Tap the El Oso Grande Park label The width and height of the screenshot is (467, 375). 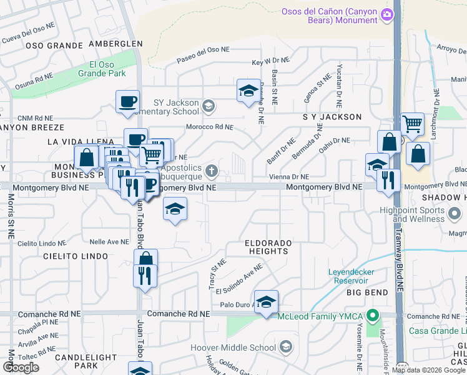(x=107, y=69)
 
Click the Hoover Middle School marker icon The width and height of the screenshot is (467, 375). (x=286, y=347)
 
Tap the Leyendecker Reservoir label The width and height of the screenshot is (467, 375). (x=358, y=277)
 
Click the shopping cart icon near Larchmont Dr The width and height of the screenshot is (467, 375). (x=413, y=124)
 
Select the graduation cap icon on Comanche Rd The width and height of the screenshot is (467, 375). (x=267, y=302)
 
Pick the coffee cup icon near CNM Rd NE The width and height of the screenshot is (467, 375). (x=128, y=101)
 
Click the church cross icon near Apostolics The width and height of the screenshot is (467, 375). (x=213, y=170)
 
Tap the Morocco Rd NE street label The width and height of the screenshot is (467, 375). (x=210, y=127)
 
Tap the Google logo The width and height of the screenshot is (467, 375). (x=21, y=367)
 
